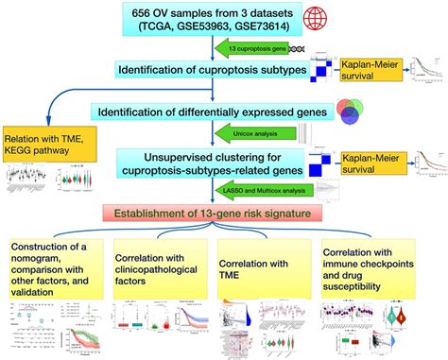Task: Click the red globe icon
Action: tap(330, 18)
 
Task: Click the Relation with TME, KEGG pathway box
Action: tap(49, 140)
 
